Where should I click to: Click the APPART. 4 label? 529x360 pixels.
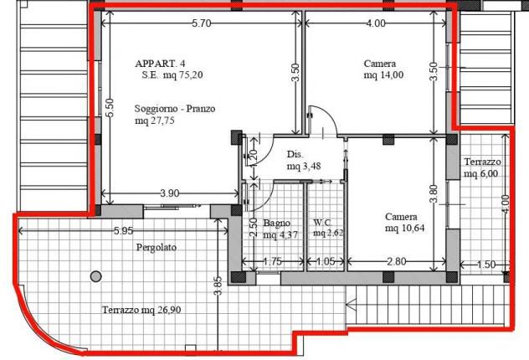point(160,64)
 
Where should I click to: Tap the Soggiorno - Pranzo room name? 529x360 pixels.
point(175,109)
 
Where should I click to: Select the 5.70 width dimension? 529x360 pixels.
point(202,23)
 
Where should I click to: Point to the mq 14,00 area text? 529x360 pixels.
point(383,75)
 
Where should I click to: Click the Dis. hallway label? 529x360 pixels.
point(295,155)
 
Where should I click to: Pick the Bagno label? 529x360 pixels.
point(277,223)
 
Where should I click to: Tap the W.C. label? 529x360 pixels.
point(323,223)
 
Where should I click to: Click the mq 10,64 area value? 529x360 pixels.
point(405,229)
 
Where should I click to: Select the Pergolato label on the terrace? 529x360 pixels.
point(157,247)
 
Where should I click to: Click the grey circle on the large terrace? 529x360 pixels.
point(95,276)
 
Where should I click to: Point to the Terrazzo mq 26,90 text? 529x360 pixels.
point(141,310)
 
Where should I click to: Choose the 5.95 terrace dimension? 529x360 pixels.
point(124,231)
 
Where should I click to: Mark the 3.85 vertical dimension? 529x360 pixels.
point(218,285)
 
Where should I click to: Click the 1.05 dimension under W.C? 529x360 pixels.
point(326,261)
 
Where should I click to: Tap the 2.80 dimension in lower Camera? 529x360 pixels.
point(397,261)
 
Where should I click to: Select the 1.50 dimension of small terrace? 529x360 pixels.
point(486,265)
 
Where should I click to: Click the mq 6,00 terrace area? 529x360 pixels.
point(480,174)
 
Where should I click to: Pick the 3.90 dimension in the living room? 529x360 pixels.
point(169,193)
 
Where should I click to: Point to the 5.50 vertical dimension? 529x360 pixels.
point(110,108)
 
